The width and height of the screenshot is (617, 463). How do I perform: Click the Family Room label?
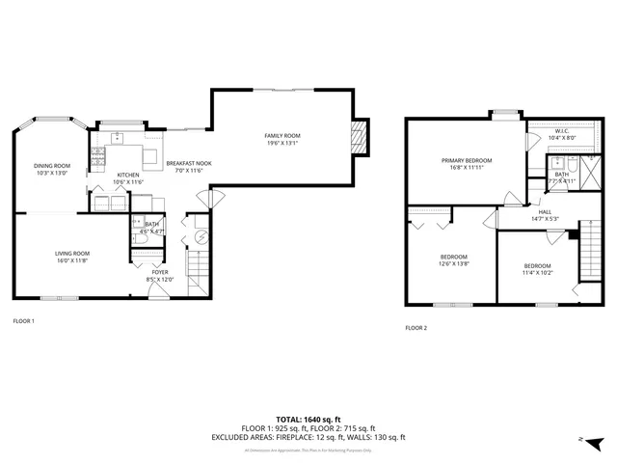tap(283, 136)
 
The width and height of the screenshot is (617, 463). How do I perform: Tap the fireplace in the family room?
tap(360, 136)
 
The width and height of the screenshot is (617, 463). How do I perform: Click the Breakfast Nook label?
tap(189, 164)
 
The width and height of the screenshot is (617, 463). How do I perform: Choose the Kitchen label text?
tap(128, 175)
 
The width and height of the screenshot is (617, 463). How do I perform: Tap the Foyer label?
tap(159, 272)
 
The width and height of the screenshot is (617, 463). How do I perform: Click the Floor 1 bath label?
tap(151, 224)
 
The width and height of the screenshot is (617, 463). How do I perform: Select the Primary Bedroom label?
tap(467, 160)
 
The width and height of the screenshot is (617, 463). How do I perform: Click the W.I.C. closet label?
tap(561, 131)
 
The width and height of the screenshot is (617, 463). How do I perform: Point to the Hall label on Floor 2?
tap(545, 212)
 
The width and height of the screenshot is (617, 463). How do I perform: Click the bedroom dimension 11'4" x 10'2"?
tap(537, 272)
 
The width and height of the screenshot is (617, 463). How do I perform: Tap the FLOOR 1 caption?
tap(24, 321)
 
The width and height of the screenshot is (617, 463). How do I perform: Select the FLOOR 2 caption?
tap(416, 328)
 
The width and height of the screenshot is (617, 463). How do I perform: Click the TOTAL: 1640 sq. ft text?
tap(308, 420)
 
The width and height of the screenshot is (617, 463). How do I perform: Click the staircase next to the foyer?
tap(197, 259)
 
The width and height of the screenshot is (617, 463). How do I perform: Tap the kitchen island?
tap(151, 157)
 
